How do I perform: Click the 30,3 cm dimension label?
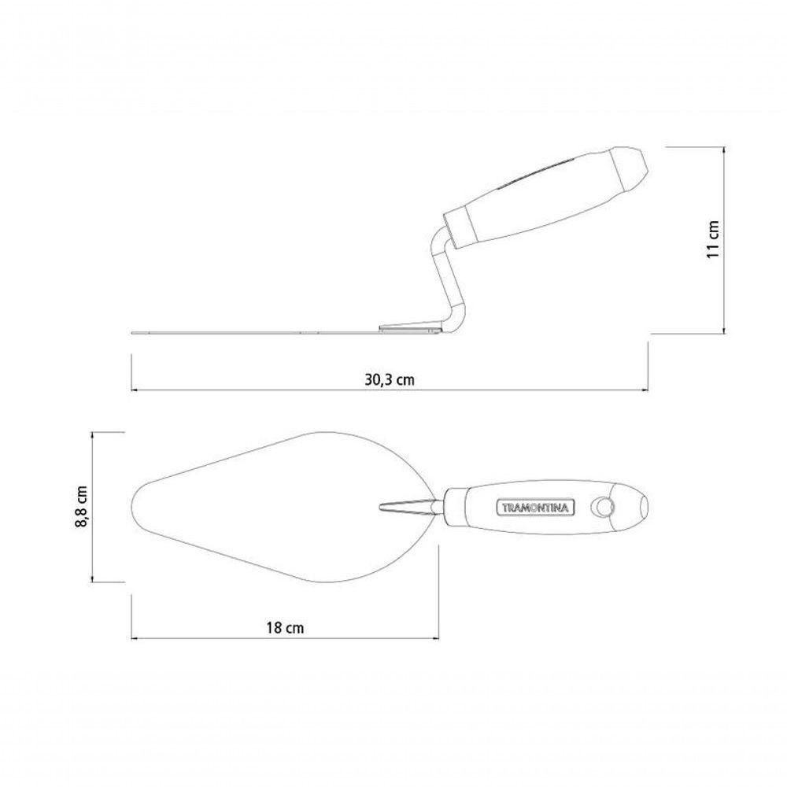pyautogui.click(x=390, y=379)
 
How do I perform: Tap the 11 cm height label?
pyautogui.click(x=713, y=239)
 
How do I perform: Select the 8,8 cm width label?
pyautogui.click(x=81, y=506)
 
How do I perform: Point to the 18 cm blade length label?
pyautogui.click(x=285, y=627)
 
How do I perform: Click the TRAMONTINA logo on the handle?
pyautogui.click(x=535, y=508)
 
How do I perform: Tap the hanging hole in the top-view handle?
pyautogui.click(x=602, y=508)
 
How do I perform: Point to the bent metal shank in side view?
pyautogui.click(x=445, y=279)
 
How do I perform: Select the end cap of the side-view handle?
pyautogui.click(x=630, y=171)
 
